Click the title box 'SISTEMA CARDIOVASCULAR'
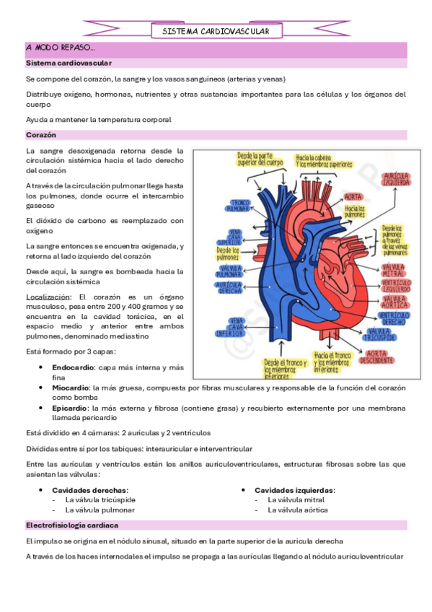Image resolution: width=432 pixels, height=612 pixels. pos(216,32)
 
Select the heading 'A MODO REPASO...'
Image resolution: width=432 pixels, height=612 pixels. pos(60,48)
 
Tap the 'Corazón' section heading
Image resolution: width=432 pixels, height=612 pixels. pos(40,135)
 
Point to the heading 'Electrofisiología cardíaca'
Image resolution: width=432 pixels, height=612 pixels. pos(71,525)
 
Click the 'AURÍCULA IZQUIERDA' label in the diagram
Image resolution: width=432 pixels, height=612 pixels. pos(397,180)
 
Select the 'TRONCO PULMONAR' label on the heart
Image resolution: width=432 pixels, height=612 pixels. pos(236,205)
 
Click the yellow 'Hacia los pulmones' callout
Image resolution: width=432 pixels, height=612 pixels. pos(354,211)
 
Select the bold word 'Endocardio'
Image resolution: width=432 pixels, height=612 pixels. pos(72,368)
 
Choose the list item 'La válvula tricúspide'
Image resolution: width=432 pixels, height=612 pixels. pos(100,499)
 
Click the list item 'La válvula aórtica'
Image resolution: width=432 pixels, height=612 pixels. pos(297,510)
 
